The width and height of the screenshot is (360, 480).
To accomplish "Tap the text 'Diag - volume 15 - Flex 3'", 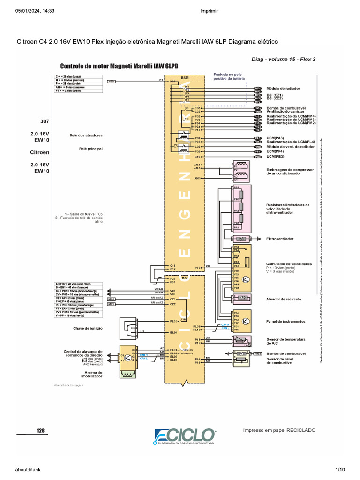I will (x=284, y=59).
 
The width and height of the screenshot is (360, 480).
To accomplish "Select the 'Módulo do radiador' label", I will (x=283, y=88).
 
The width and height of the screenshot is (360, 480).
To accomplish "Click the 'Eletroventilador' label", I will (x=280, y=239).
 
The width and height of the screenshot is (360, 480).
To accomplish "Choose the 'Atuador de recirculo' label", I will (x=284, y=299).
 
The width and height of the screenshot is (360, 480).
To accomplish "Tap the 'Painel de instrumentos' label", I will (x=285, y=322).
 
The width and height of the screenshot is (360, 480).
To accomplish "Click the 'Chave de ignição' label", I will (x=88, y=328).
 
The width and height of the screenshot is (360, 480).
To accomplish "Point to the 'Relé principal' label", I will (x=91, y=149).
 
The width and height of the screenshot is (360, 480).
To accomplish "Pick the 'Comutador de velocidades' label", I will (x=289, y=264).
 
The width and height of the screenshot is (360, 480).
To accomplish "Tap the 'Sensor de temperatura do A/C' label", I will (x=286, y=341).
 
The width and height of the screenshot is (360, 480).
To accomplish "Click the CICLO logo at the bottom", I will (x=185, y=436).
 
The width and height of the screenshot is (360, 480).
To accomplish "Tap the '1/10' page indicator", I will (x=339, y=469).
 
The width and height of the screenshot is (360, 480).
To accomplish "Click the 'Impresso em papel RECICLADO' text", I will (x=279, y=430).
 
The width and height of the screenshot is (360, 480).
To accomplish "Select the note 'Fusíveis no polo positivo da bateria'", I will (x=230, y=76).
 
